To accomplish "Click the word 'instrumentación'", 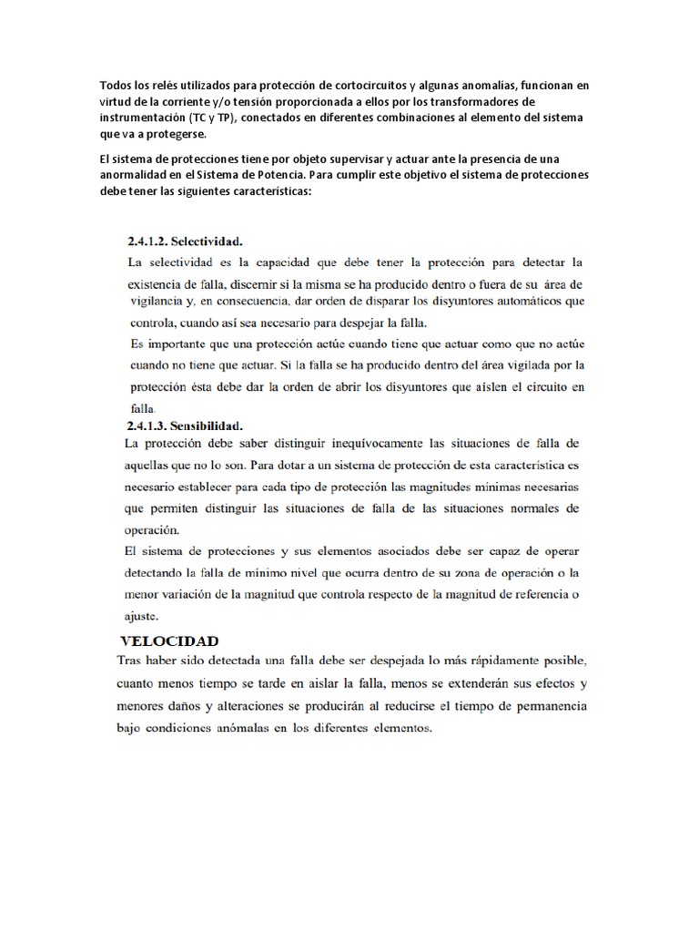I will [x=142, y=118].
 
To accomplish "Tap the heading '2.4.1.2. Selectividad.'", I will [x=186, y=242].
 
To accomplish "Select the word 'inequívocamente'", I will [x=333, y=444].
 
